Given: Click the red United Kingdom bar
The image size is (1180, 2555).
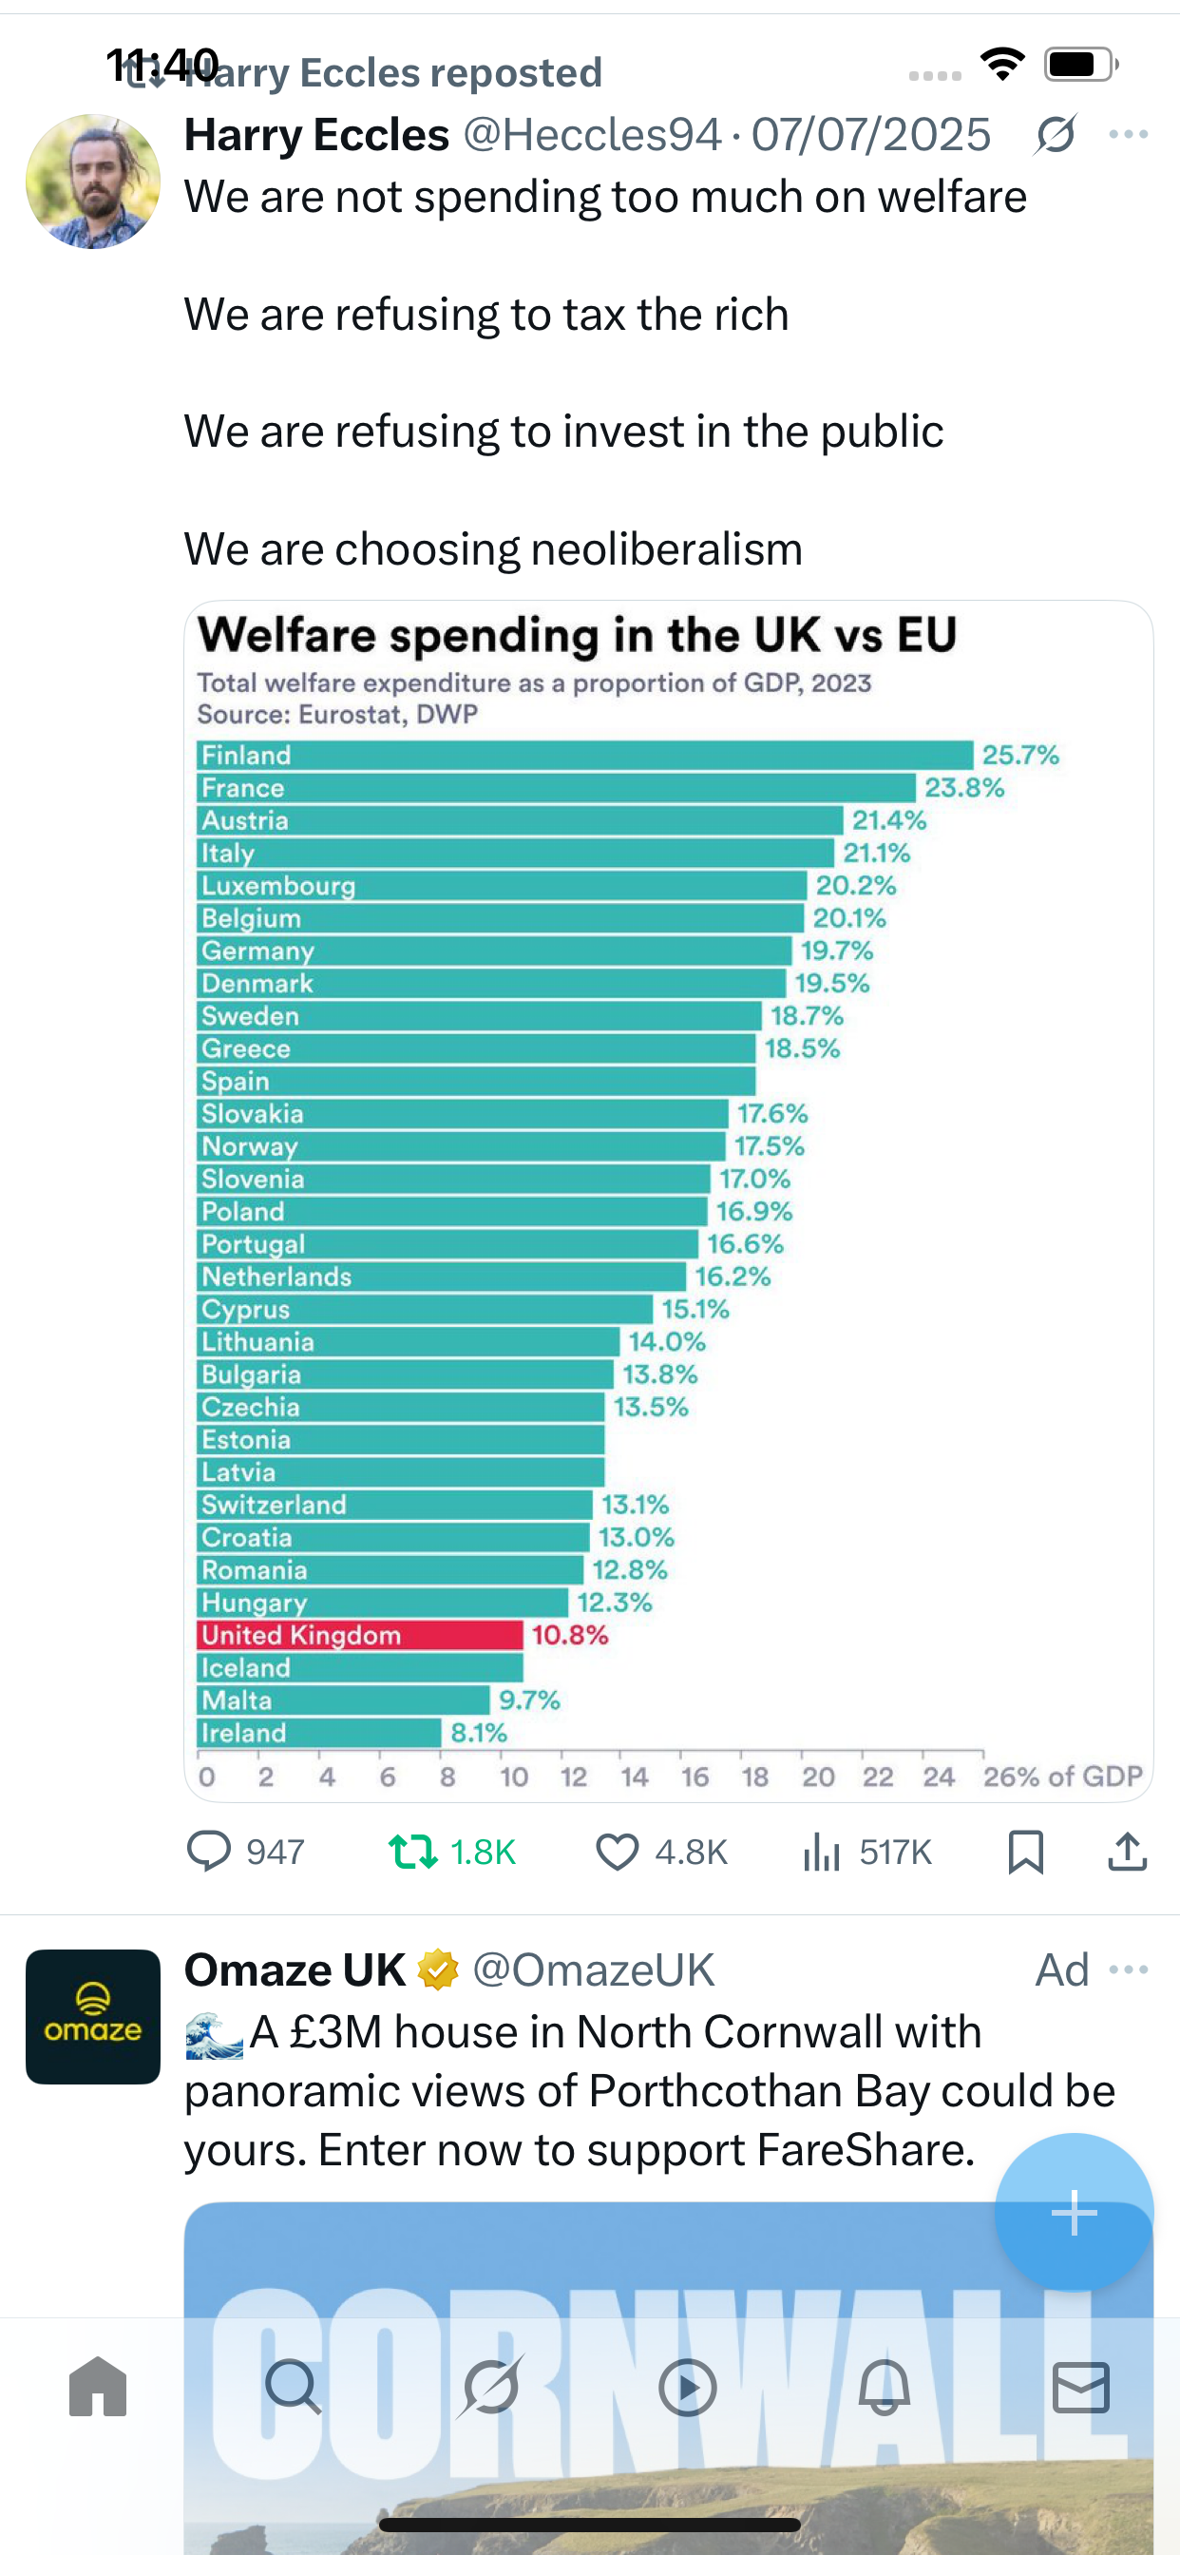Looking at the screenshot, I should coord(359,1635).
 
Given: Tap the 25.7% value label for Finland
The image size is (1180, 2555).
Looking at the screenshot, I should coord(1020,755).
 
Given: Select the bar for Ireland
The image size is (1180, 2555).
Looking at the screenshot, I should coord(318,1733).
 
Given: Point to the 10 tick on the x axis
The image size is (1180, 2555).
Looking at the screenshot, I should coord(514,1777).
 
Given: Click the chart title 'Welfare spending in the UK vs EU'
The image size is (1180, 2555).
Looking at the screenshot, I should coord(576,635).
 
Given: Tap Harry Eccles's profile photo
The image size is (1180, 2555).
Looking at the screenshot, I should coord(92,182).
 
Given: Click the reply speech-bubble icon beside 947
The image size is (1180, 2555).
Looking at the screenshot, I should coord(208,1851).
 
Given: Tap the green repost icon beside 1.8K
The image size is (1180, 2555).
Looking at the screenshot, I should coord(412,1851).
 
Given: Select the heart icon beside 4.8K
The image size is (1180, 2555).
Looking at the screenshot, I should coord(617,1852).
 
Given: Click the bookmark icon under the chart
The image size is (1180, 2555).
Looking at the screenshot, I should coord(1025,1852).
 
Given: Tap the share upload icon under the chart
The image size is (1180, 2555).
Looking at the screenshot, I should coord(1128,1852).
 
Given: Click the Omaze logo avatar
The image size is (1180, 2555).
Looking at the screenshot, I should coord(92,2016).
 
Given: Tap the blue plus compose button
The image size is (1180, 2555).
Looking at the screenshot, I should coord(1073,2212).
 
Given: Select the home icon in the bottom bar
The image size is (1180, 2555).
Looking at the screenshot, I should coord(98,2387).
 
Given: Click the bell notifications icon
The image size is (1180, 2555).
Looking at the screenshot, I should coord(884,2387).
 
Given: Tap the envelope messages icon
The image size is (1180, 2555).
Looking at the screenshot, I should coord(1081,2387).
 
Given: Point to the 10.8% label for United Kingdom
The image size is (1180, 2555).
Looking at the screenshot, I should coord(569,1635).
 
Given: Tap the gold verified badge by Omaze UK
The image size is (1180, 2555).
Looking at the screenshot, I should coord(437,1969).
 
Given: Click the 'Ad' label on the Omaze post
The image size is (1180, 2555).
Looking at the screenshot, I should coord(1061,1969).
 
